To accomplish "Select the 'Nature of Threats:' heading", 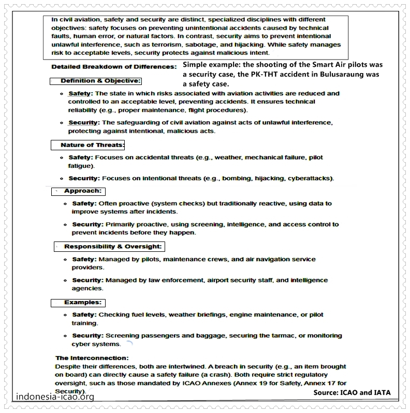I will pyautogui.click(x=92, y=145).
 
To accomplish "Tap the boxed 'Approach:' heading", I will pyautogui.click(x=82, y=191).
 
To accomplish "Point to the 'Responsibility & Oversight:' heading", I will pyautogui.click(x=113, y=247).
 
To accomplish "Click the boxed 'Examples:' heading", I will pyautogui.click(x=82, y=302).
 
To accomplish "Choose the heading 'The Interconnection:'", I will pyautogui.click(x=92, y=358).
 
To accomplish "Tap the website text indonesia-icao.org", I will pyautogui.click(x=55, y=397).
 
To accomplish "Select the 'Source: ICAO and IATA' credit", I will pyautogui.click(x=352, y=392).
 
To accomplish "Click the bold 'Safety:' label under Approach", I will pyautogui.click(x=84, y=204).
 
